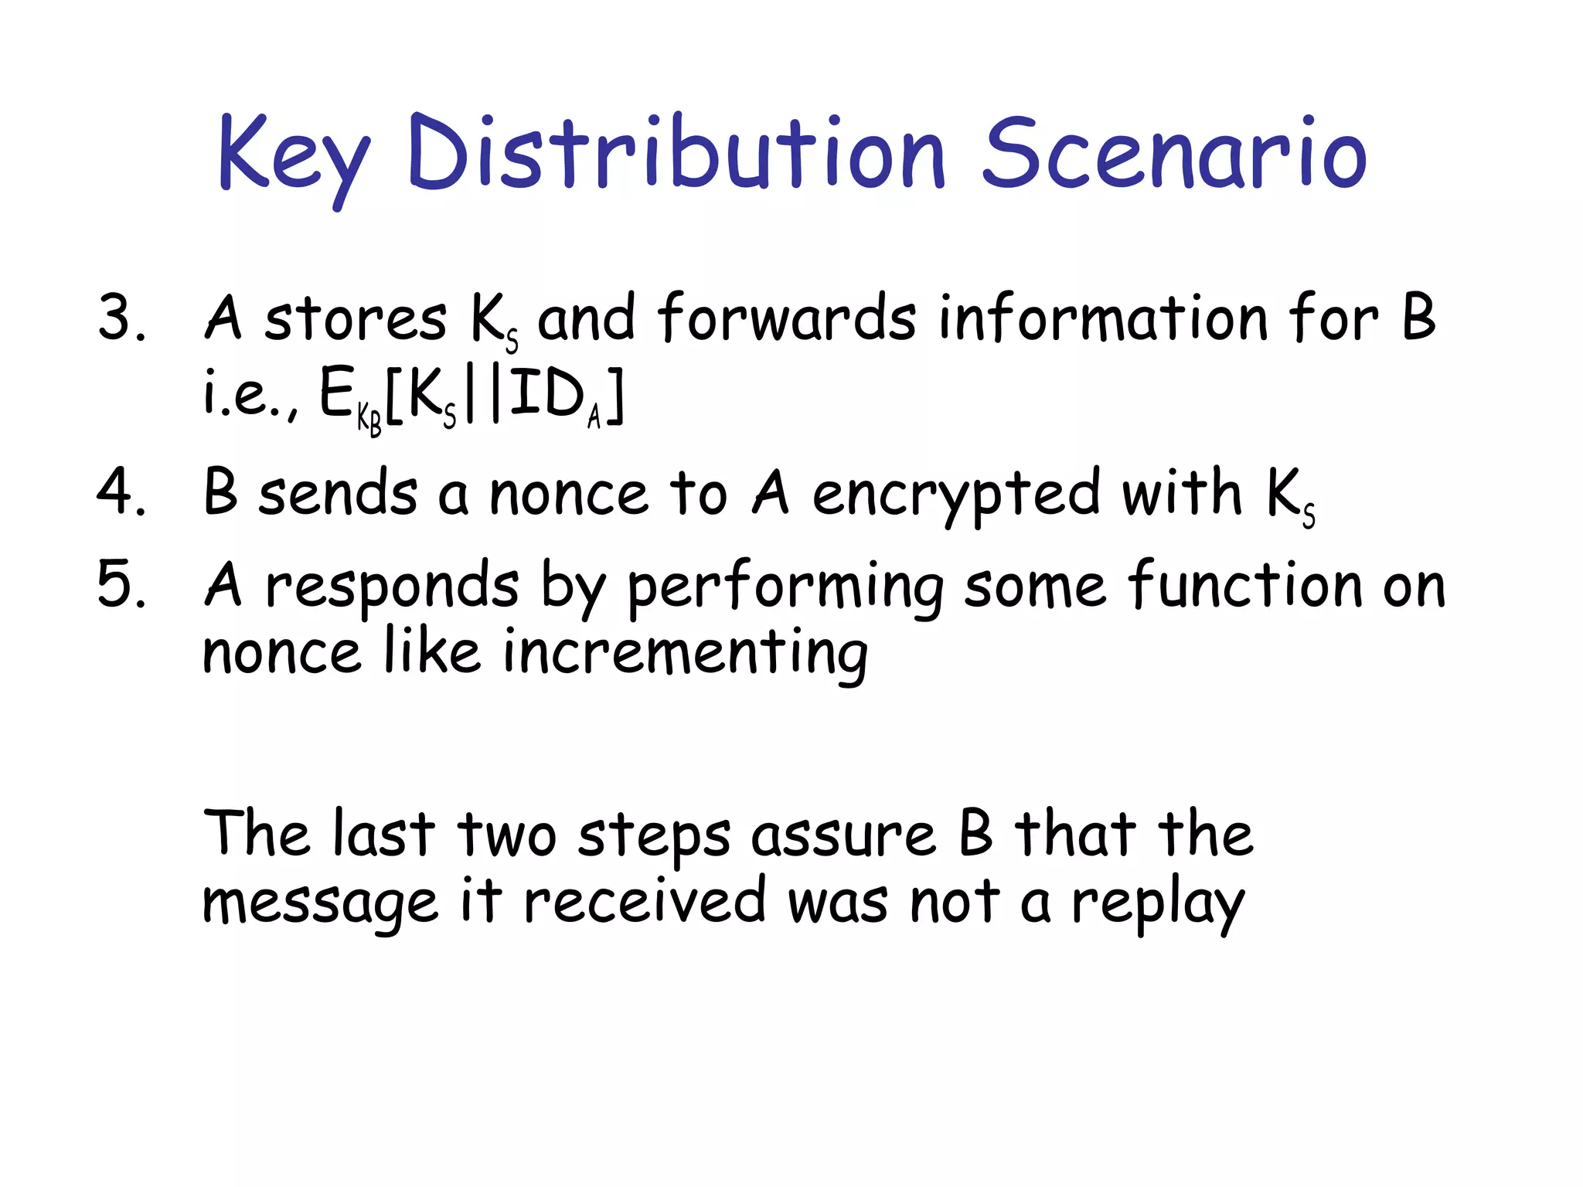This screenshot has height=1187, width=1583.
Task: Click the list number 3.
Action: (x=121, y=318)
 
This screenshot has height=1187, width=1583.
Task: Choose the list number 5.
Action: (x=121, y=584)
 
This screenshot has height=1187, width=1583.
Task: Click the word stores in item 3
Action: (x=356, y=318)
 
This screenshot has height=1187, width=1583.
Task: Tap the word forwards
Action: (x=787, y=318)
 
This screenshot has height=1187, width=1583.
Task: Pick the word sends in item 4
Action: (x=338, y=493)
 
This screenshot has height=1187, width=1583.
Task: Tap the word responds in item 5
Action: (x=391, y=586)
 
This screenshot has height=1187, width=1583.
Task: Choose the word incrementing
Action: (x=686, y=654)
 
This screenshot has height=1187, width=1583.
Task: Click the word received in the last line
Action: (x=645, y=901)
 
